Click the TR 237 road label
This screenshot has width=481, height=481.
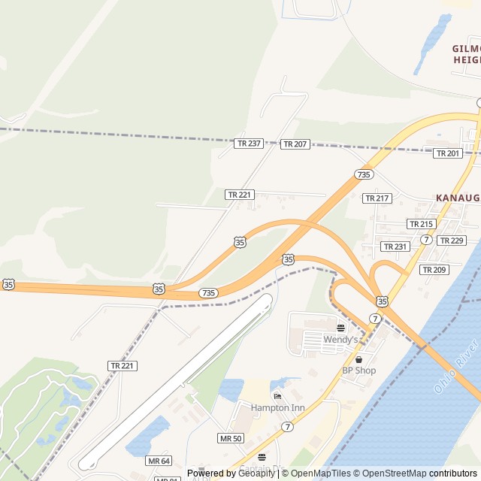pyautogui.click(x=249, y=143)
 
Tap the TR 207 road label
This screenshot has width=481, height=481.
pyautogui.click(x=295, y=144)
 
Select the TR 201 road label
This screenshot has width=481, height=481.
pyautogui.click(x=448, y=153)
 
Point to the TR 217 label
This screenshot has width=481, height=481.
pyautogui.click(x=377, y=198)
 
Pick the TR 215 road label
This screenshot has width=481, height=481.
pyautogui.click(x=421, y=224)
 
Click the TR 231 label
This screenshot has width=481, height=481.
pyautogui.click(x=395, y=247)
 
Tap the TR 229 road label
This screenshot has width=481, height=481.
pyautogui.click(x=452, y=240)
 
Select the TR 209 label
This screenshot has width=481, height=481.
pyautogui.click(x=434, y=269)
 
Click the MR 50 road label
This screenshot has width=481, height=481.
pyautogui.click(x=231, y=438)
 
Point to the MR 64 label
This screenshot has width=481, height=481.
pyautogui.click(x=159, y=461)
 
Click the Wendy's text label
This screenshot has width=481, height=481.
pyautogui.click(x=340, y=340)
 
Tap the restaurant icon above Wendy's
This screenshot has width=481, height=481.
pyautogui.click(x=340, y=328)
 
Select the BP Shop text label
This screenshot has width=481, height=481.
pyautogui.click(x=358, y=371)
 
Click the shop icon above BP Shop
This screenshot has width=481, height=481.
pyautogui.click(x=358, y=359)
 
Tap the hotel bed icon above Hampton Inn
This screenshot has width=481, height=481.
pyautogui.click(x=277, y=396)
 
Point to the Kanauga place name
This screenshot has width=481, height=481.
pyautogui.click(x=457, y=198)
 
